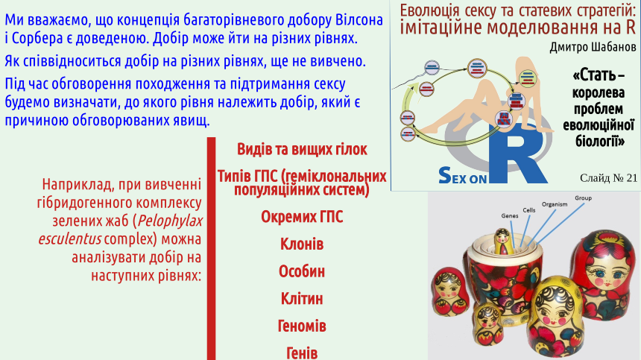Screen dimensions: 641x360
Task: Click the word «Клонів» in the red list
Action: tap(302, 244)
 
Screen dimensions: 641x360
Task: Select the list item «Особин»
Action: tap(302, 272)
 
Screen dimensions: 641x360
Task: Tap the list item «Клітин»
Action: tap(302, 299)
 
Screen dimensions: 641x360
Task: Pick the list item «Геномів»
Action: tap(302, 326)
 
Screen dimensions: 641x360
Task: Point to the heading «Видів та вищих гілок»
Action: tap(302, 150)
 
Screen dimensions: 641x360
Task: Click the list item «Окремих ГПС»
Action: tap(302, 217)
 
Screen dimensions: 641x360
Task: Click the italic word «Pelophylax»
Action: tap(170, 221)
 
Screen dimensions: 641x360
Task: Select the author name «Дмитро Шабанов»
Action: tap(593, 48)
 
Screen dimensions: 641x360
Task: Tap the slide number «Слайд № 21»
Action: tap(608, 177)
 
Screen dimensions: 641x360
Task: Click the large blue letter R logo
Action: tap(517, 154)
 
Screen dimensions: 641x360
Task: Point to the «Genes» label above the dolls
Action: tap(510, 215)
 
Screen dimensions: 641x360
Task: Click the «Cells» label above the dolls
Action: tap(529, 210)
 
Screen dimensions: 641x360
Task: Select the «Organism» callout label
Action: tap(555, 204)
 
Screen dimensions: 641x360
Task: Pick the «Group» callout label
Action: tap(583, 198)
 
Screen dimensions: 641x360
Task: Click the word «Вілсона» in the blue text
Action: tap(359, 20)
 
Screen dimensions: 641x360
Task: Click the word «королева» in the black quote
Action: tap(598, 92)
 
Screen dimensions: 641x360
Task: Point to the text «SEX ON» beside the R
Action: tap(462, 175)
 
